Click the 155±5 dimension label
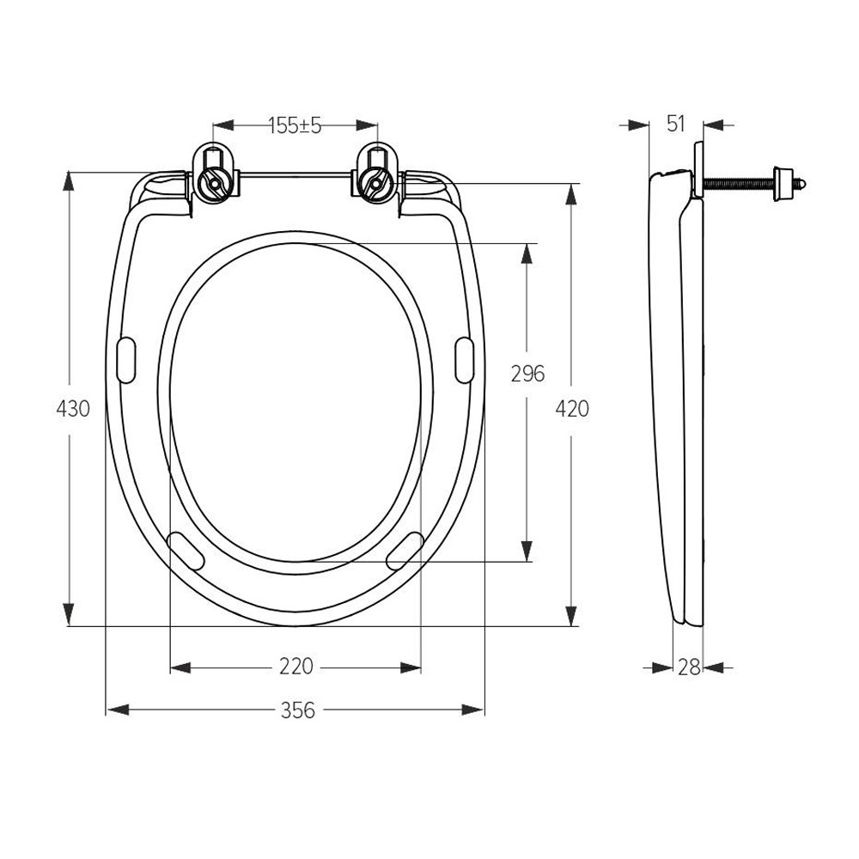coord(295,126)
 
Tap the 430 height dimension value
coord(73,409)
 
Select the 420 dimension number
coord(572,409)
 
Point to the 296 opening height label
coord(527,374)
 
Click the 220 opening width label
coord(296,667)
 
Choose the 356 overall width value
coord(298,710)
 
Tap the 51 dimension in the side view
coord(676,124)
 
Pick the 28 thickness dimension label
coord(689,667)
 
